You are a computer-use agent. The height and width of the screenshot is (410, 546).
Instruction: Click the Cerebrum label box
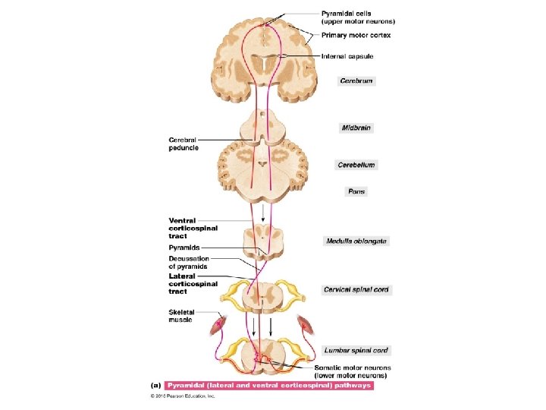click(356, 80)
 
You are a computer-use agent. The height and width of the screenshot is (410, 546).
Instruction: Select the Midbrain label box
click(356, 128)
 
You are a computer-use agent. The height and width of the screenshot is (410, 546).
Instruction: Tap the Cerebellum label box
click(356, 165)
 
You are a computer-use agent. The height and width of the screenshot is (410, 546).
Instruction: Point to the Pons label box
click(356, 191)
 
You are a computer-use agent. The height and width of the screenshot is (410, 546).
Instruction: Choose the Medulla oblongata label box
click(356, 241)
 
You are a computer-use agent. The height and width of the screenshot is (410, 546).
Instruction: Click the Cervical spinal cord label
click(357, 289)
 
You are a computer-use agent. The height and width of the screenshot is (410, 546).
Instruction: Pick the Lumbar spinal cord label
click(356, 351)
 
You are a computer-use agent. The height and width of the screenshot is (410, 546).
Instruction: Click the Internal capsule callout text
click(347, 56)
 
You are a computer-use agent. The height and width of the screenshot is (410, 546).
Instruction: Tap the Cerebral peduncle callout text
click(184, 143)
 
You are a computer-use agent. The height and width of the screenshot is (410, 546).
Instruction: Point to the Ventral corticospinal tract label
click(193, 228)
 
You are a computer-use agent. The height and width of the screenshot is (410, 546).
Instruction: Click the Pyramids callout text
click(184, 248)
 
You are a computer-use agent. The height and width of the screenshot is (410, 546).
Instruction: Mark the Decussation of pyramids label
click(188, 263)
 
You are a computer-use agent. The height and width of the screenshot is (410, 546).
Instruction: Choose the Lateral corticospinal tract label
click(193, 284)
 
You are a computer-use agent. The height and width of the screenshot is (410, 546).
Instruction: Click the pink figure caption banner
click(269, 386)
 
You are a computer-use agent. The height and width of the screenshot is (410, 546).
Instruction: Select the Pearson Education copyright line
click(182, 396)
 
